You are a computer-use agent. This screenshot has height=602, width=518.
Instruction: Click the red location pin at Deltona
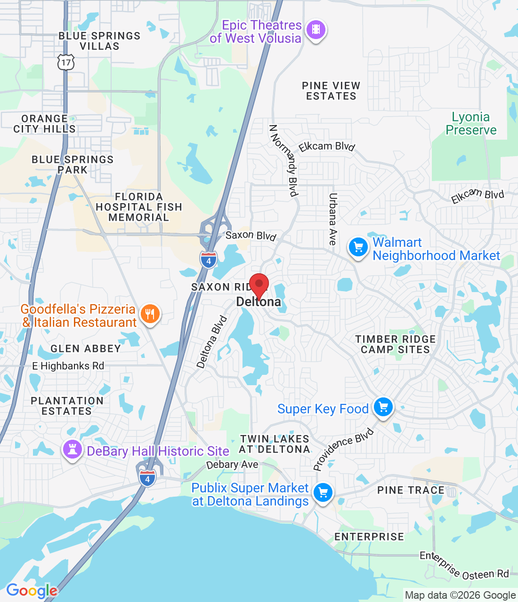pyautogui.click(x=259, y=285)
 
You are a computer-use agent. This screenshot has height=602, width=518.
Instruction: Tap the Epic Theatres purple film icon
pyautogui.click(x=316, y=30)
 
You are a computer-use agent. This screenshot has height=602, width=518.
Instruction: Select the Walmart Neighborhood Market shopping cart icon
pyautogui.click(x=358, y=246)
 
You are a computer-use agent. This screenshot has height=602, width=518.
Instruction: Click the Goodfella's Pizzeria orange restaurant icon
pyautogui.click(x=150, y=314)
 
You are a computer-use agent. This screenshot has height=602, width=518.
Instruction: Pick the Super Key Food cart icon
pyautogui.click(x=383, y=407)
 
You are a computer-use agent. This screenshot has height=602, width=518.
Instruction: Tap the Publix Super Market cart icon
pyautogui.click(x=323, y=493)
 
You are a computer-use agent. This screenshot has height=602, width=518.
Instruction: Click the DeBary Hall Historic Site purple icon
pyautogui.click(x=73, y=450)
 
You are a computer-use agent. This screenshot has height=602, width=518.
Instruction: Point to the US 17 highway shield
pyautogui.click(x=66, y=62)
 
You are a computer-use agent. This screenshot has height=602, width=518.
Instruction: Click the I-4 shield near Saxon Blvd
pyautogui.click(x=209, y=260)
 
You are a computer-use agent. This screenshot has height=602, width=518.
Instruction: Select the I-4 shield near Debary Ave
pyautogui.click(x=147, y=478)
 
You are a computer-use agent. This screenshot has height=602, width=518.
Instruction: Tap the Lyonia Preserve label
pyautogui.click(x=471, y=124)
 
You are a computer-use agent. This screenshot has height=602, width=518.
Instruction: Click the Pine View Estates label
pyautogui.click(x=331, y=91)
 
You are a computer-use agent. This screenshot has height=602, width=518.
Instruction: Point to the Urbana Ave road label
pyautogui.click(x=333, y=219)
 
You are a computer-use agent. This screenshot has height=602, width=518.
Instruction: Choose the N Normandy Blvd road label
pyautogui.click(x=284, y=160)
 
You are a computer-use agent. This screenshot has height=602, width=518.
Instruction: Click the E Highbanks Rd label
pyautogui.click(x=68, y=366)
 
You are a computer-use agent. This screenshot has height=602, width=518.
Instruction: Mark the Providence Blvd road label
pyautogui.click(x=343, y=449)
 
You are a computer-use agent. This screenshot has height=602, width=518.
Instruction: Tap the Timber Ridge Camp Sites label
pyautogui.click(x=396, y=344)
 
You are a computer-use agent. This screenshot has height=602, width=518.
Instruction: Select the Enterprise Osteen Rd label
pyautogui.click(x=464, y=566)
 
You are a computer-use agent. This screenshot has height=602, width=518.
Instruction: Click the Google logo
pyautogui.click(x=32, y=591)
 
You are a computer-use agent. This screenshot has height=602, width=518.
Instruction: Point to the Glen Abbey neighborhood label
pyautogui.click(x=86, y=349)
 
